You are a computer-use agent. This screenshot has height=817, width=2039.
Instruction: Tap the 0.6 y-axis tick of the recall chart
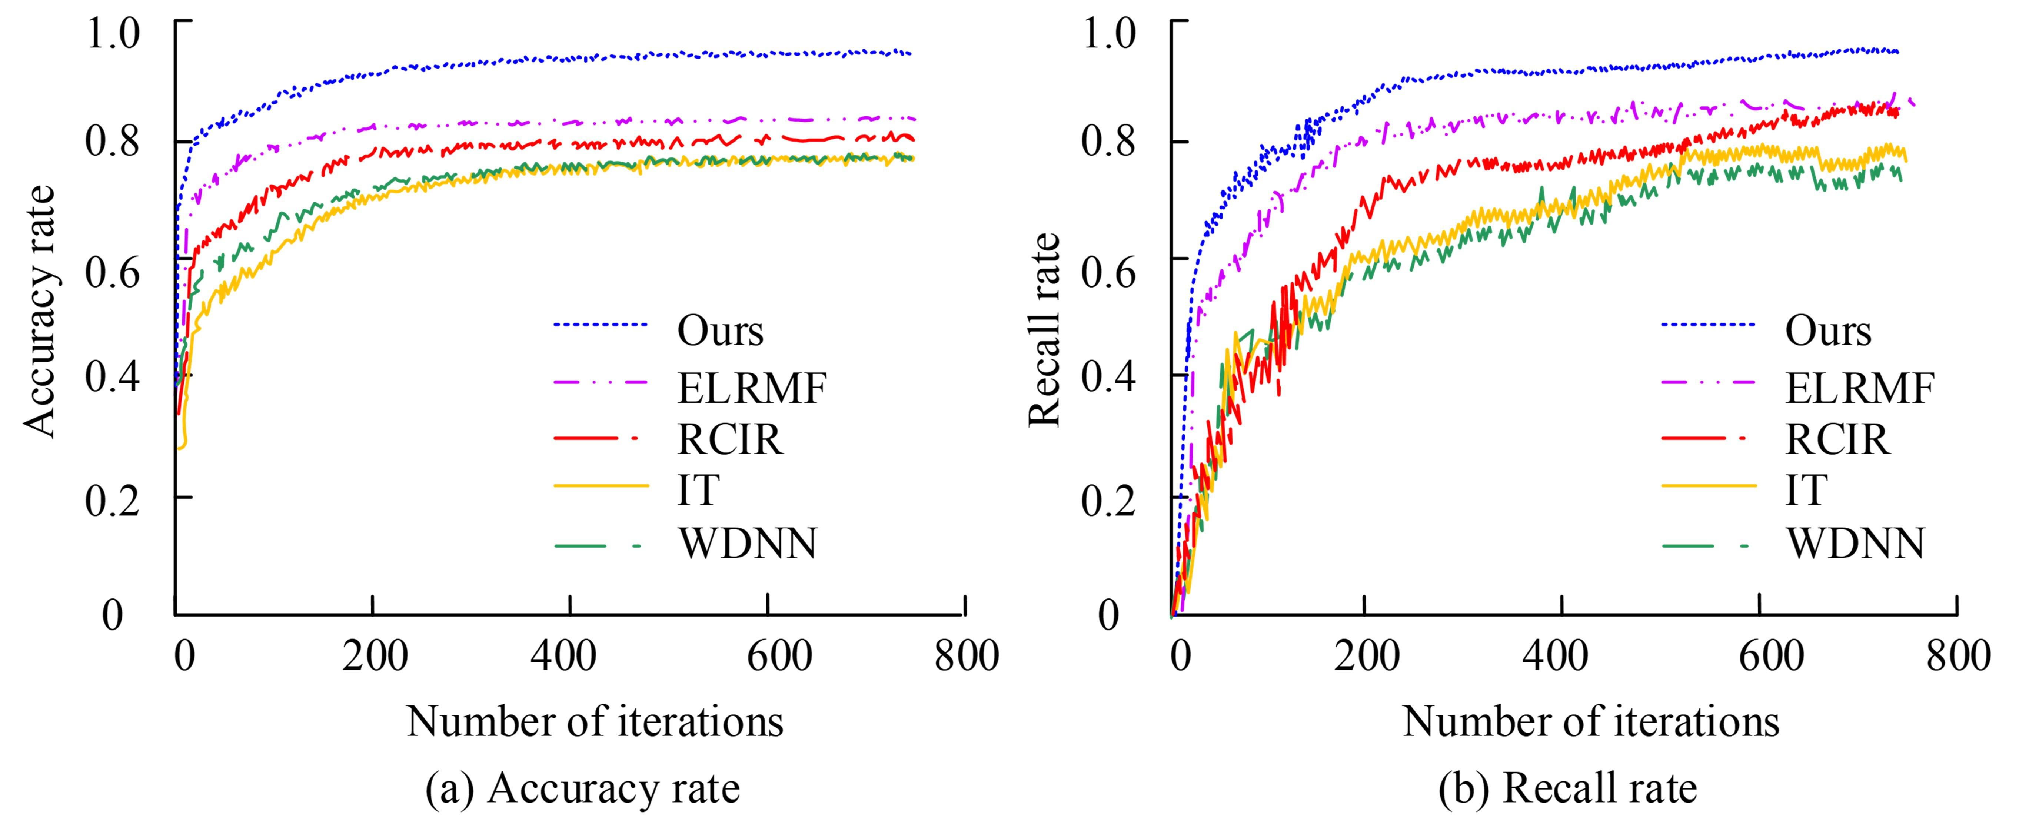click(1108, 272)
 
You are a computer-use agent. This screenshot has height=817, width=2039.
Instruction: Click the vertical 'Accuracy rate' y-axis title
click(40, 311)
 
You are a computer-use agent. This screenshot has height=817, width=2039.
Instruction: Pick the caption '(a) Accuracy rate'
click(583, 788)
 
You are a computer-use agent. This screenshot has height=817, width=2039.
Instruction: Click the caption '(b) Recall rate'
click(1567, 788)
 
